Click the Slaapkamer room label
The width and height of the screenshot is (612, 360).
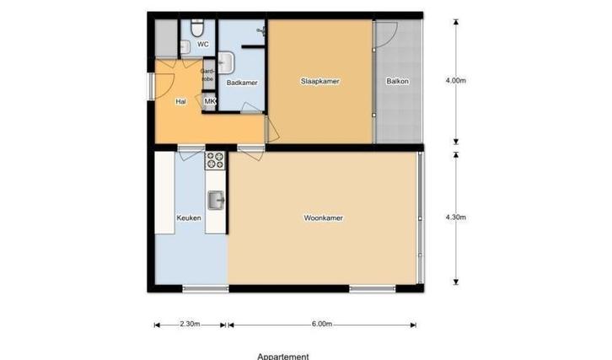(319, 82)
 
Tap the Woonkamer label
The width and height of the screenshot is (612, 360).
(323, 218)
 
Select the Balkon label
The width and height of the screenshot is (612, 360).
(397, 82)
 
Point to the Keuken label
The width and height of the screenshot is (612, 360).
(188, 218)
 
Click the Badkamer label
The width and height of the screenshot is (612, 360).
(242, 83)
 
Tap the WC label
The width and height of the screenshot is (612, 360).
(202, 44)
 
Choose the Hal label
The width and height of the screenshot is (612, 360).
(180, 102)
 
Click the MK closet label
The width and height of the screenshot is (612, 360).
(210, 102)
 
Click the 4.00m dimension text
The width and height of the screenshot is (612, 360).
(455, 81)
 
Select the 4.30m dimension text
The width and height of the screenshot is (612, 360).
(455, 218)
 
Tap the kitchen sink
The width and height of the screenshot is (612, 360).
(217, 200)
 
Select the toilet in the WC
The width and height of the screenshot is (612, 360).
(197, 26)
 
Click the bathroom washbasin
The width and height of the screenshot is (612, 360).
(226, 62)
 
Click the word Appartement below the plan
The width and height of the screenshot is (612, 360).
(283, 356)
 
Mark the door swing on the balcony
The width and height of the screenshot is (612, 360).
(384, 35)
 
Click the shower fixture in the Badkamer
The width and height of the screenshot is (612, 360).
(261, 31)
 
